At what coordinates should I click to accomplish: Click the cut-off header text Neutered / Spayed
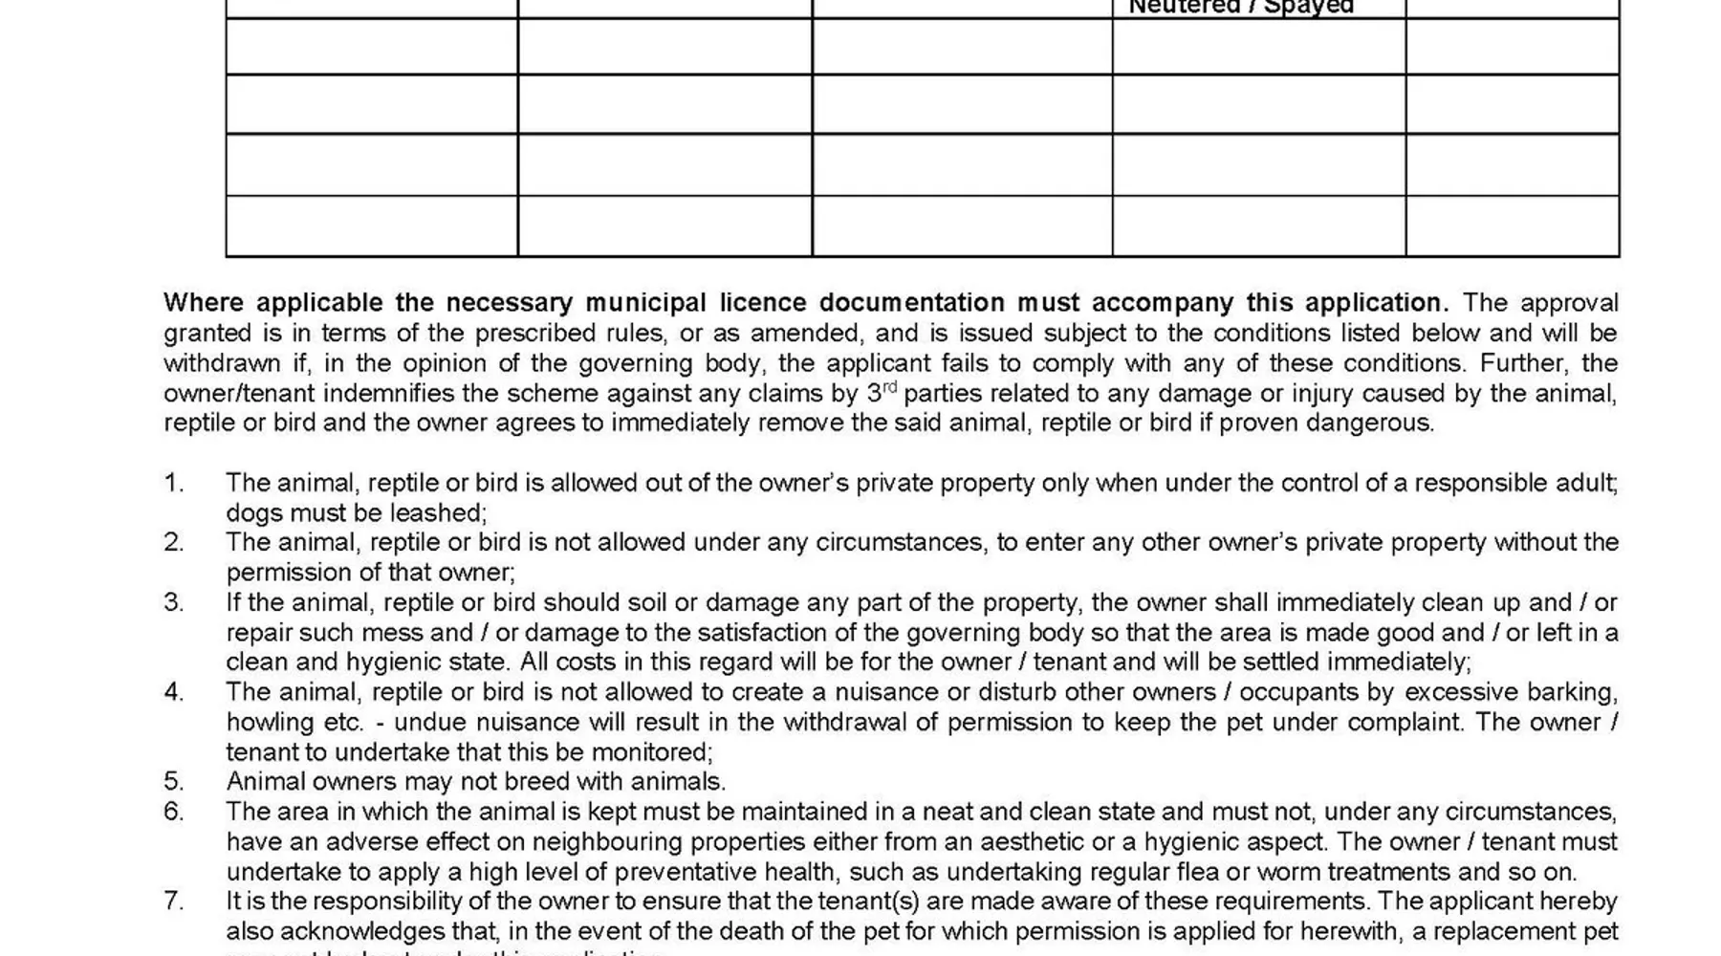pyautogui.click(x=1241, y=8)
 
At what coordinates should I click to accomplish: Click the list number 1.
pyautogui.click(x=173, y=483)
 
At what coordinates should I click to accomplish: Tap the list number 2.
pyautogui.click(x=173, y=542)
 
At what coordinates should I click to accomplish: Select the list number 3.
pyautogui.click(x=173, y=602)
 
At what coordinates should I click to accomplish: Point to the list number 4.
pyautogui.click(x=173, y=691)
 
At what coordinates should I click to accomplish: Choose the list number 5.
pyautogui.click(x=173, y=781)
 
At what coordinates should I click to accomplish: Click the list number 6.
pyautogui.click(x=173, y=812)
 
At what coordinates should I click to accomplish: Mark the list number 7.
pyautogui.click(x=173, y=901)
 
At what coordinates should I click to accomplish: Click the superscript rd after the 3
pyautogui.click(x=889, y=386)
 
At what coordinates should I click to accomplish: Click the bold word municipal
pyautogui.click(x=645, y=303)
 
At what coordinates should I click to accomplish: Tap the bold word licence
pyautogui.click(x=761, y=303)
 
